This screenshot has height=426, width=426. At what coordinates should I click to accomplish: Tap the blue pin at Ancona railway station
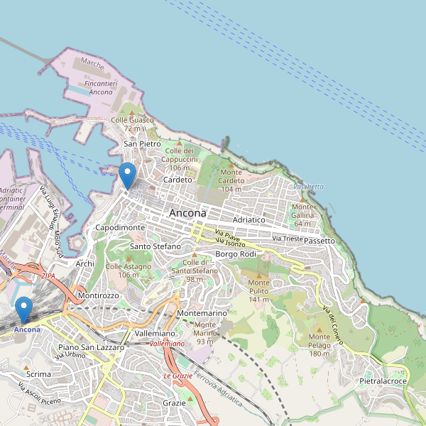click(24, 310)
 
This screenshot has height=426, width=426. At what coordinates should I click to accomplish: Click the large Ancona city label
click(187, 213)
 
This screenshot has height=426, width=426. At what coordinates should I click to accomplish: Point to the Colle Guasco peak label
click(132, 124)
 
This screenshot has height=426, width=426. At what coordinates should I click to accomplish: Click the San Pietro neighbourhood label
click(142, 143)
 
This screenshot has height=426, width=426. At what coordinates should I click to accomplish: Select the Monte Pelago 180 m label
click(319, 345)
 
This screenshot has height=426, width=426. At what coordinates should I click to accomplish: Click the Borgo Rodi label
click(235, 254)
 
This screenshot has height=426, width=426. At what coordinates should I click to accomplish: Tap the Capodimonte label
click(120, 227)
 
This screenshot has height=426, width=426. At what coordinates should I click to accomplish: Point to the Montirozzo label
click(98, 295)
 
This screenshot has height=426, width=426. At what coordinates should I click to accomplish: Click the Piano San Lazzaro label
click(91, 347)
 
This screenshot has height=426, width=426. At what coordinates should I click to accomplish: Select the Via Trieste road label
click(287, 238)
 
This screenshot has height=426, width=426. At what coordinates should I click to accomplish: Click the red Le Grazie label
click(178, 376)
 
